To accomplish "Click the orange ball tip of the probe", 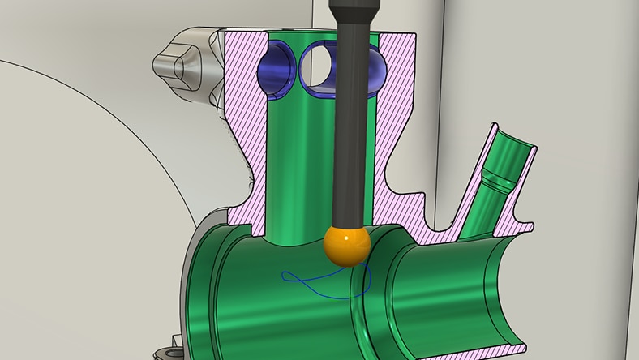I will coord(346,245).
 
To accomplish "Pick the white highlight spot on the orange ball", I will coord(340,238).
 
